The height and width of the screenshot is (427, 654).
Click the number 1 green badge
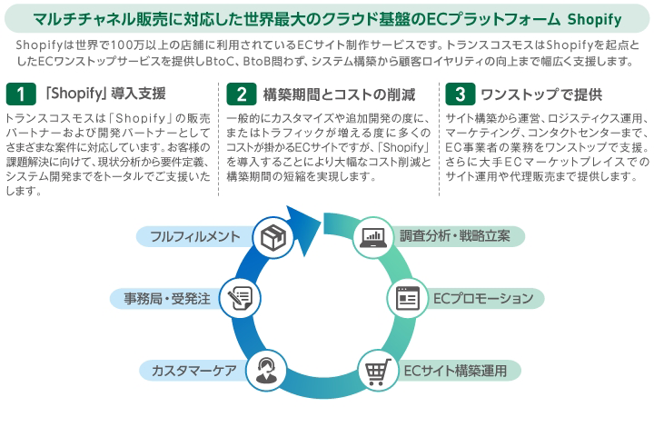pos(19,94)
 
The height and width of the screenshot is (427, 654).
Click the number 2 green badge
pos(241,94)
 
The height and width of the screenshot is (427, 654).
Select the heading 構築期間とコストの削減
pos(326,94)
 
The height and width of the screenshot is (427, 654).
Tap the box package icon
pos(273,237)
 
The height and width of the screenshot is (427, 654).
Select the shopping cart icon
pos(378,370)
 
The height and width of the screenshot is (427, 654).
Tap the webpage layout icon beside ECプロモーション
pos(406,298)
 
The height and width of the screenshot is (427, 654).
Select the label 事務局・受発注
pos(167,298)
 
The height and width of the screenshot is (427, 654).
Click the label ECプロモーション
pos(481,298)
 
